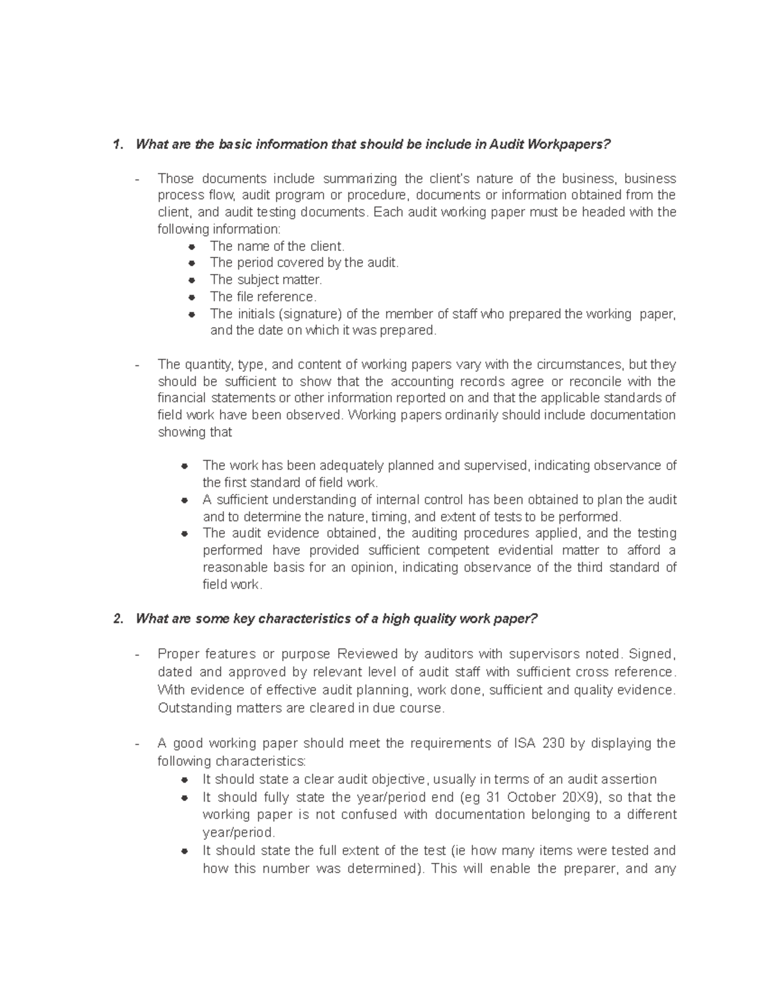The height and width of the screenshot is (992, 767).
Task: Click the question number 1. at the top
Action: point(117,144)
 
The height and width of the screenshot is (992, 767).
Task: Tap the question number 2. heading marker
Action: point(117,619)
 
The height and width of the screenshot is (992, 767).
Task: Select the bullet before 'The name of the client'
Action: point(191,247)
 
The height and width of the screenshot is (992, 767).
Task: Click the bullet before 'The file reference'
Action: point(191,297)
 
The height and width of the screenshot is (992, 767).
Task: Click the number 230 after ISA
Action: point(553,744)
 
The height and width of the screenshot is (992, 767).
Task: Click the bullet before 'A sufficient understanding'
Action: point(184,500)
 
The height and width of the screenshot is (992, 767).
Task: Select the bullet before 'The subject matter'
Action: point(191,280)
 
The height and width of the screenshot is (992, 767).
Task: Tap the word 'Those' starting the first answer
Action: point(175,178)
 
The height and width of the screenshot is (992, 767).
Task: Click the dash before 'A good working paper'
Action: point(137,744)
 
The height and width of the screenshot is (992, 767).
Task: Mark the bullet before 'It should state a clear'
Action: point(184,780)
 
